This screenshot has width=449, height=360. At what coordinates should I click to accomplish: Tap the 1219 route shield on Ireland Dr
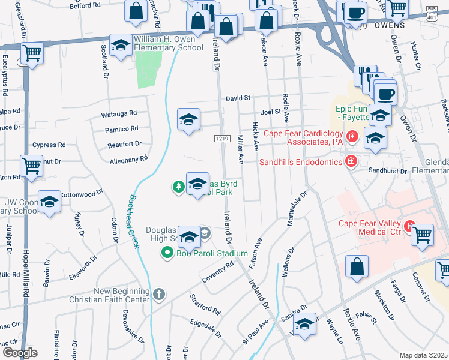coord(221,139)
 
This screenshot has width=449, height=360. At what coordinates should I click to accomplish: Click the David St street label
coord(238,98)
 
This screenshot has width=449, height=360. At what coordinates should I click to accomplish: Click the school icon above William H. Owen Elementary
coord(121,46)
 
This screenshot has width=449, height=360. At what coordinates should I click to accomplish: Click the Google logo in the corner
coord(19,352)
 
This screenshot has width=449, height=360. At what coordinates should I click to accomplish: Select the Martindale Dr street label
coord(296,208)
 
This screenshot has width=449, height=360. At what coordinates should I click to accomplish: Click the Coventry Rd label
coord(218,274)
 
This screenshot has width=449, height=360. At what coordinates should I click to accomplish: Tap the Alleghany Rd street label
coord(128,160)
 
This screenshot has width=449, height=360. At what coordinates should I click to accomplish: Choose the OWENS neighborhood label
coord(390,26)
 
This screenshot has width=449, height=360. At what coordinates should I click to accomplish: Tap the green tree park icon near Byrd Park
coord(178,187)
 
